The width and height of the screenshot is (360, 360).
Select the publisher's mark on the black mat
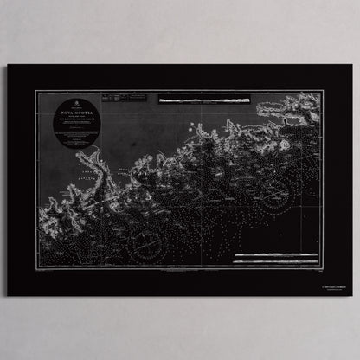[325, 278]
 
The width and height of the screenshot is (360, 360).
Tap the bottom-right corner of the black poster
[353, 295]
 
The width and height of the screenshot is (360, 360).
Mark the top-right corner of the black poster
[353, 66]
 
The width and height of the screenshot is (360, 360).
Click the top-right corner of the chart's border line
[322, 91]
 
